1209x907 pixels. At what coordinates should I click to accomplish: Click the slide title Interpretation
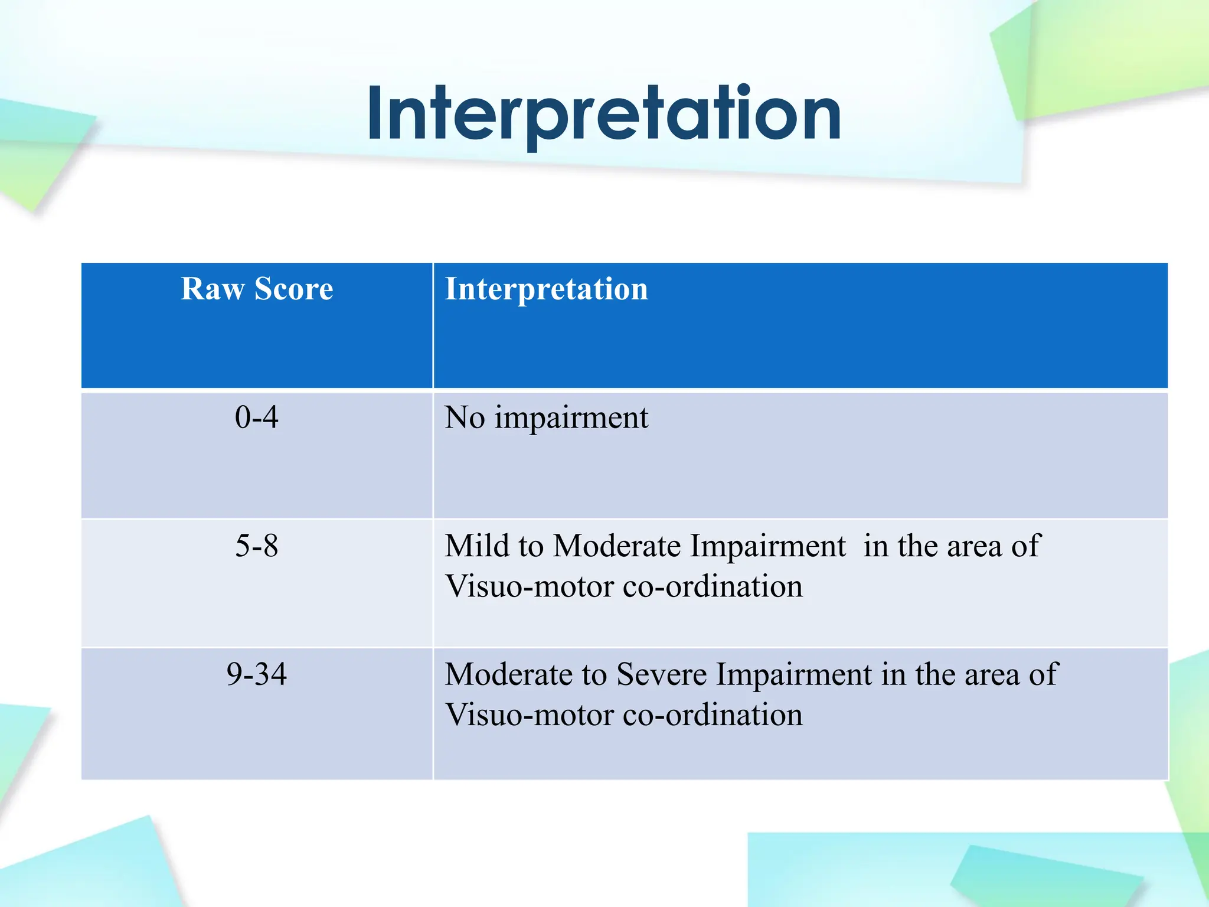[604, 113]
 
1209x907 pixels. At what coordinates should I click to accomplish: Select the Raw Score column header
[257, 289]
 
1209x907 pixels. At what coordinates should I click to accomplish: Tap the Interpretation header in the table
[546, 289]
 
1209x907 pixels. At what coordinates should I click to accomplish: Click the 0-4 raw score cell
[256, 417]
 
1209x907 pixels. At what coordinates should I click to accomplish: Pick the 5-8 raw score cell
[256, 546]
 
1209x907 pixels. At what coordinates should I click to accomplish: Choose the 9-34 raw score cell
[256, 674]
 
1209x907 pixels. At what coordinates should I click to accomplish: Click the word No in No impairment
[464, 417]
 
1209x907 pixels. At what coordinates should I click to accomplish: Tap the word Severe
[661, 674]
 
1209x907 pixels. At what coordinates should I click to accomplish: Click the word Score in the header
[293, 289]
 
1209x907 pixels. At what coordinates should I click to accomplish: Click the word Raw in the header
[212, 289]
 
